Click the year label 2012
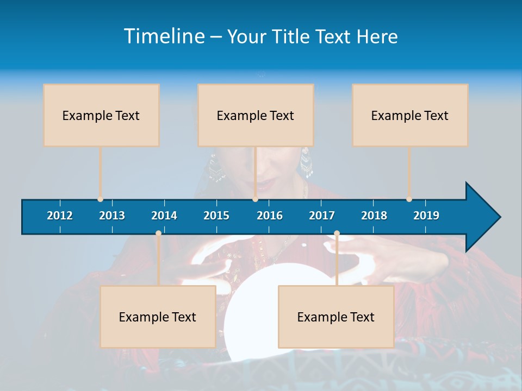coord(60,216)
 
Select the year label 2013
coord(112,216)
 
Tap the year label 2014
coord(164,216)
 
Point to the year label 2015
coord(216,216)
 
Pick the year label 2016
coord(270,216)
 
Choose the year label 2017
coord(322,216)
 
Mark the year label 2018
coord(374,216)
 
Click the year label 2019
coord(426,216)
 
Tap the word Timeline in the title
coord(164,36)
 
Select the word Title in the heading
coord(292,37)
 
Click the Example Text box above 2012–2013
coord(101,115)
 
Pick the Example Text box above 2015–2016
coord(256,115)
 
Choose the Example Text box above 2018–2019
coord(410,115)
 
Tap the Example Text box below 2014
coord(158,317)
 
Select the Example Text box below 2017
coord(336,317)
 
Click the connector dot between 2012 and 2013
coord(100,199)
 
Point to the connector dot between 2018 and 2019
coord(409,199)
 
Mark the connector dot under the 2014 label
coord(158,234)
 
